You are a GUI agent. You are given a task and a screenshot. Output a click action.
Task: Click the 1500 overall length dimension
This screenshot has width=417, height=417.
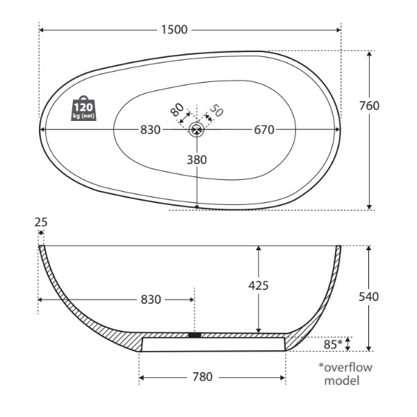click(174, 29)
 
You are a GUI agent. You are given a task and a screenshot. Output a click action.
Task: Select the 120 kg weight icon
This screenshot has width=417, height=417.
click(83, 108)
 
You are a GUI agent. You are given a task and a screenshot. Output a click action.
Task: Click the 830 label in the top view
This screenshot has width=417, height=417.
click(150, 129)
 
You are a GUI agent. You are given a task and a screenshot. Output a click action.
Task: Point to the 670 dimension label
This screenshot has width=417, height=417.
click(263, 129)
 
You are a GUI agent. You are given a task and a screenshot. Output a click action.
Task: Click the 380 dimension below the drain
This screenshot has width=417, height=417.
click(197, 159)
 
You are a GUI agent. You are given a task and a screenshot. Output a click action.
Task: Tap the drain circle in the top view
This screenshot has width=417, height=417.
click(197, 129)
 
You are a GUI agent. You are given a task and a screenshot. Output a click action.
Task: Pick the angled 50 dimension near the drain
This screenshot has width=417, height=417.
click(216, 110)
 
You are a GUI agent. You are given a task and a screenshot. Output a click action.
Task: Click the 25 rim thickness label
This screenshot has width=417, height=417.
click(41, 222)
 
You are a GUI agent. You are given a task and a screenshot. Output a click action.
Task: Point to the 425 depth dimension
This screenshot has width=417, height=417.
click(258, 285)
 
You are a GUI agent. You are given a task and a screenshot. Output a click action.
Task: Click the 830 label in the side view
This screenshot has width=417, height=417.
click(151, 300)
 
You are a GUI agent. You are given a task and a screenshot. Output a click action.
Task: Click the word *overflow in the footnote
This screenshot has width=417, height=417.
click(345, 366)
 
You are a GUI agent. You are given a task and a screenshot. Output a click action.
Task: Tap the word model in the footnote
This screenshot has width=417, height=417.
click(342, 381)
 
